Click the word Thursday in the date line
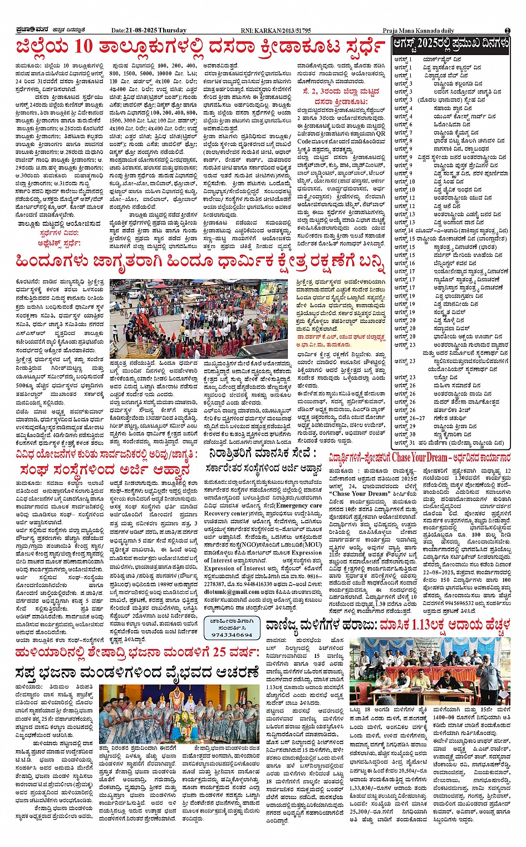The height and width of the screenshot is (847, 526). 172,30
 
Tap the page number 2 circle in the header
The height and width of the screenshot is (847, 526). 507,30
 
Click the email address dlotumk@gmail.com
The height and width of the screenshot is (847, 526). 232,592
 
